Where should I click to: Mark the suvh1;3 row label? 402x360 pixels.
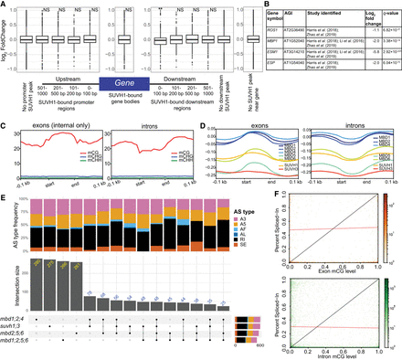pyautogui.click(x=18, y=329)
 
